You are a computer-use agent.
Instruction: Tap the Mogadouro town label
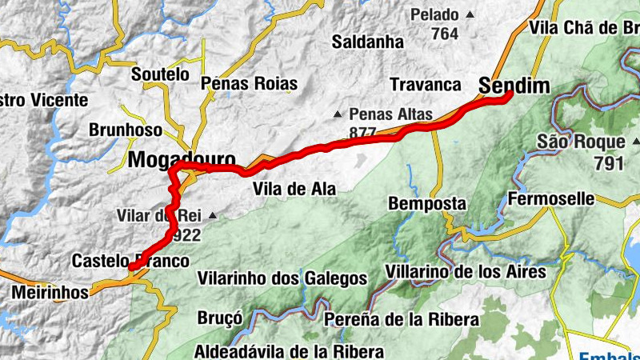pos(182,158)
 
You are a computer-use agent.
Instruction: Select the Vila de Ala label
pos(294,189)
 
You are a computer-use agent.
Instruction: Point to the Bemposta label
pos(427,204)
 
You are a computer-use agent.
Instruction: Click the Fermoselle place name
pos(551,198)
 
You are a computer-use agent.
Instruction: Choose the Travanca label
pos(426,84)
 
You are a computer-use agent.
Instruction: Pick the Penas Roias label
pos(250,83)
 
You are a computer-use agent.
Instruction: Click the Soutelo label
pos(160,74)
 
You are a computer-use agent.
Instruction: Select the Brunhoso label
pos(126,129)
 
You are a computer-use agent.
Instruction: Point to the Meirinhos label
pos(50,293)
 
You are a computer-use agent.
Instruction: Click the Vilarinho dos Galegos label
pos(282,278)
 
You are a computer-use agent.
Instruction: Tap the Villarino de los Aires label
pos(466,272)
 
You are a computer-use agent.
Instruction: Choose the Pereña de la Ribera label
pos(402,319)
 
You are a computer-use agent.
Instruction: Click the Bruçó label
pos(220,318)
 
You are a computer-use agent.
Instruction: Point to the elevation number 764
pos(444,34)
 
